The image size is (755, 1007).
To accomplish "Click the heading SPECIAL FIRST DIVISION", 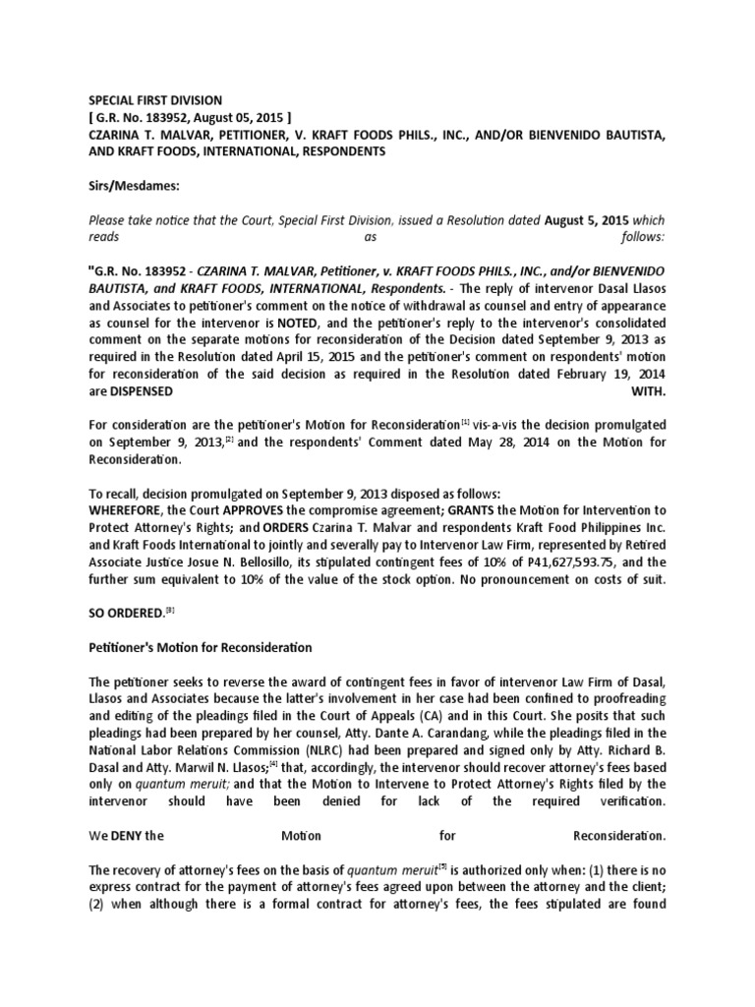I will click(x=156, y=100).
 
